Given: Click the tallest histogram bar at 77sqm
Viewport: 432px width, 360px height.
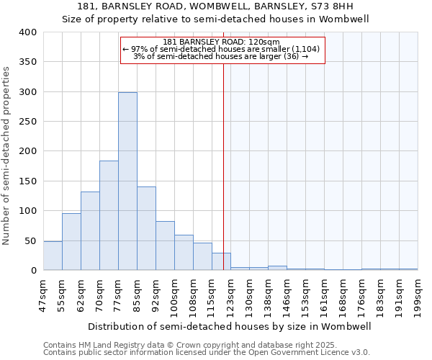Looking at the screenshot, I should (x=127, y=181).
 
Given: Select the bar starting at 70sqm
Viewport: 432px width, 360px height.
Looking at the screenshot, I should (x=109, y=215).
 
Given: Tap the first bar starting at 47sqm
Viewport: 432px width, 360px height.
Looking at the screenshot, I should (x=53, y=256).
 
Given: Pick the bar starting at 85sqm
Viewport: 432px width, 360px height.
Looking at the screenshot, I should (x=146, y=228).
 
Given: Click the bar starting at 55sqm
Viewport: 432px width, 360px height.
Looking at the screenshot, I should (x=71, y=242).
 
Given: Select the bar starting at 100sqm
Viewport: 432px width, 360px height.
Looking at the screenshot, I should (x=184, y=253).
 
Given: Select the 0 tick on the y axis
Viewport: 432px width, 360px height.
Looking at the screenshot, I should (x=33, y=271).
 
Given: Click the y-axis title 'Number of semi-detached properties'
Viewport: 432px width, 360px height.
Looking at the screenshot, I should (x=6, y=155).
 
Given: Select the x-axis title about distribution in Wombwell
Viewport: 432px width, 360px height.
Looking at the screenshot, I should (x=230, y=326).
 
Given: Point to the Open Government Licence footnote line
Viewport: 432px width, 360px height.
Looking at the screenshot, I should (x=207, y=352).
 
